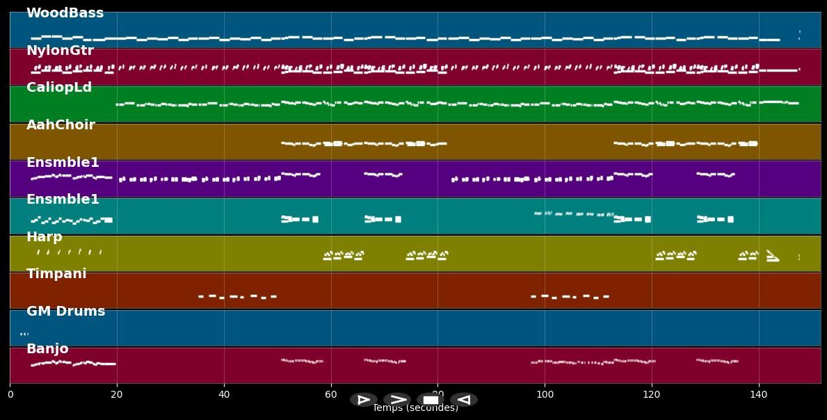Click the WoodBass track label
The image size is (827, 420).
click(x=65, y=13)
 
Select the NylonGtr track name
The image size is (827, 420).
click(x=60, y=51)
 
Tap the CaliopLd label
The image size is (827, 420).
click(x=59, y=88)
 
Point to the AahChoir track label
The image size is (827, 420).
click(x=61, y=125)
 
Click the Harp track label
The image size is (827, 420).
click(x=45, y=237)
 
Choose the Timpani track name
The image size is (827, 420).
click(x=56, y=274)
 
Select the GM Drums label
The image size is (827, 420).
click(x=65, y=312)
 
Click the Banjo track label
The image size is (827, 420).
click(x=47, y=349)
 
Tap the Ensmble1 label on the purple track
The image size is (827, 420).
click(x=63, y=163)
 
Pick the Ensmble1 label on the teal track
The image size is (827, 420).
click(x=63, y=200)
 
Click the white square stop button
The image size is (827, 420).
click(x=431, y=400)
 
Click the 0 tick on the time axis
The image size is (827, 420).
click(x=10, y=395)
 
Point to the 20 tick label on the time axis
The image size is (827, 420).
click(x=117, y=395)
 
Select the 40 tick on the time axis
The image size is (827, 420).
click(x=224, y=395)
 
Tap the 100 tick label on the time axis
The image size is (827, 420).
click(x=545, y=395)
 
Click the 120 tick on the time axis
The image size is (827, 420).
click(x=652, y=395)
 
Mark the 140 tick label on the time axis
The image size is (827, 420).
click(x=759, y=395)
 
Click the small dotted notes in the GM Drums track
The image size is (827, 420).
click(x=24, y=334)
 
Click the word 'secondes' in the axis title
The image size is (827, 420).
click(x=438, y=409)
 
